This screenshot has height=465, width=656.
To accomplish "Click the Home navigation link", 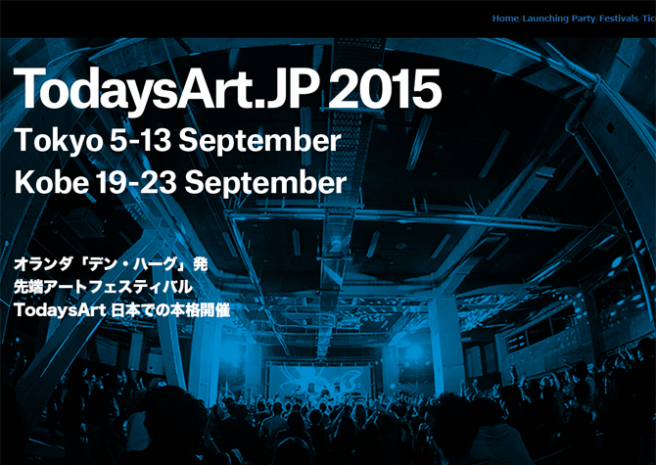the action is pos(505,19).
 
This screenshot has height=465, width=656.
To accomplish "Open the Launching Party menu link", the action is pos(559,19).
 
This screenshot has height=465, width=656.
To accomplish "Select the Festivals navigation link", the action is pos(619,19).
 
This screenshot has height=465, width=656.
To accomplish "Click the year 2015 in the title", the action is pos(385,89).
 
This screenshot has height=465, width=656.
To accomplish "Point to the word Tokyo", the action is pos(58,141).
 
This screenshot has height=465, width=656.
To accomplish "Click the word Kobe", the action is pos(52,182).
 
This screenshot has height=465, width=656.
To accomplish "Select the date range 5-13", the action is pos(141,140).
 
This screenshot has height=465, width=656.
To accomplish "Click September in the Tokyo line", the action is pos(259,141).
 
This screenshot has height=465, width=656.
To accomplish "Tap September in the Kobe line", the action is pos(265,183).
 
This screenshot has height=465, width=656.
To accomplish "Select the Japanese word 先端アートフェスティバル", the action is pos(104,287).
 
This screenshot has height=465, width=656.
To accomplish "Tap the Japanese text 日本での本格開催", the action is pos(169,310).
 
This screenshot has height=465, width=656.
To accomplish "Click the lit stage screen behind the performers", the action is pos(319,380).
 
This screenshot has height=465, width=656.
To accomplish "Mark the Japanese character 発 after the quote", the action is pos(200,264).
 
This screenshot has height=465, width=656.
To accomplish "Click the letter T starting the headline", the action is pos(29,88).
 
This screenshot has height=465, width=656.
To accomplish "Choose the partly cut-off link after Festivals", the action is pos(649,19).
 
